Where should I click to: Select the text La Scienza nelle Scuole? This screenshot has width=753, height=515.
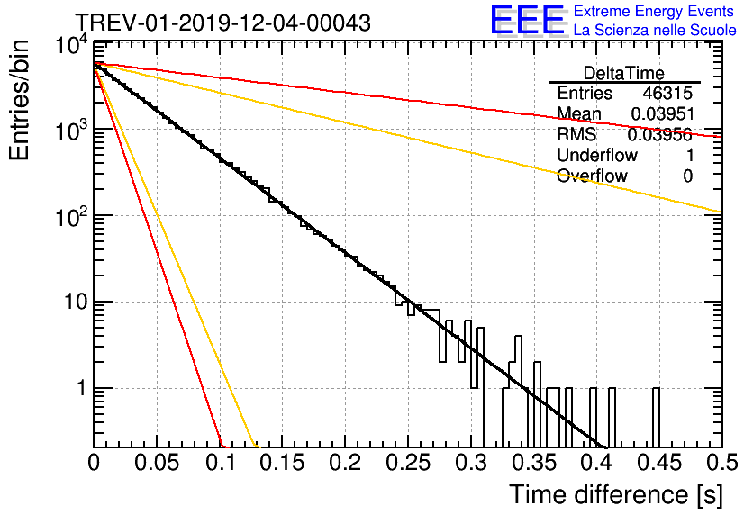[x=655, y=31]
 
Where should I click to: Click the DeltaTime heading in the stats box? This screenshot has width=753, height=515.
[x=624, y=73]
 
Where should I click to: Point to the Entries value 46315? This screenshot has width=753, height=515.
[x=667, y=94]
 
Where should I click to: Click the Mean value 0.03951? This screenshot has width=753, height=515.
[x=661, y=114]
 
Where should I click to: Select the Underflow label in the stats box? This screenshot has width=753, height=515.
[x=594, y=156]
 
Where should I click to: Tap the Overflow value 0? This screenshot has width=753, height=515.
[x=687, y=176]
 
